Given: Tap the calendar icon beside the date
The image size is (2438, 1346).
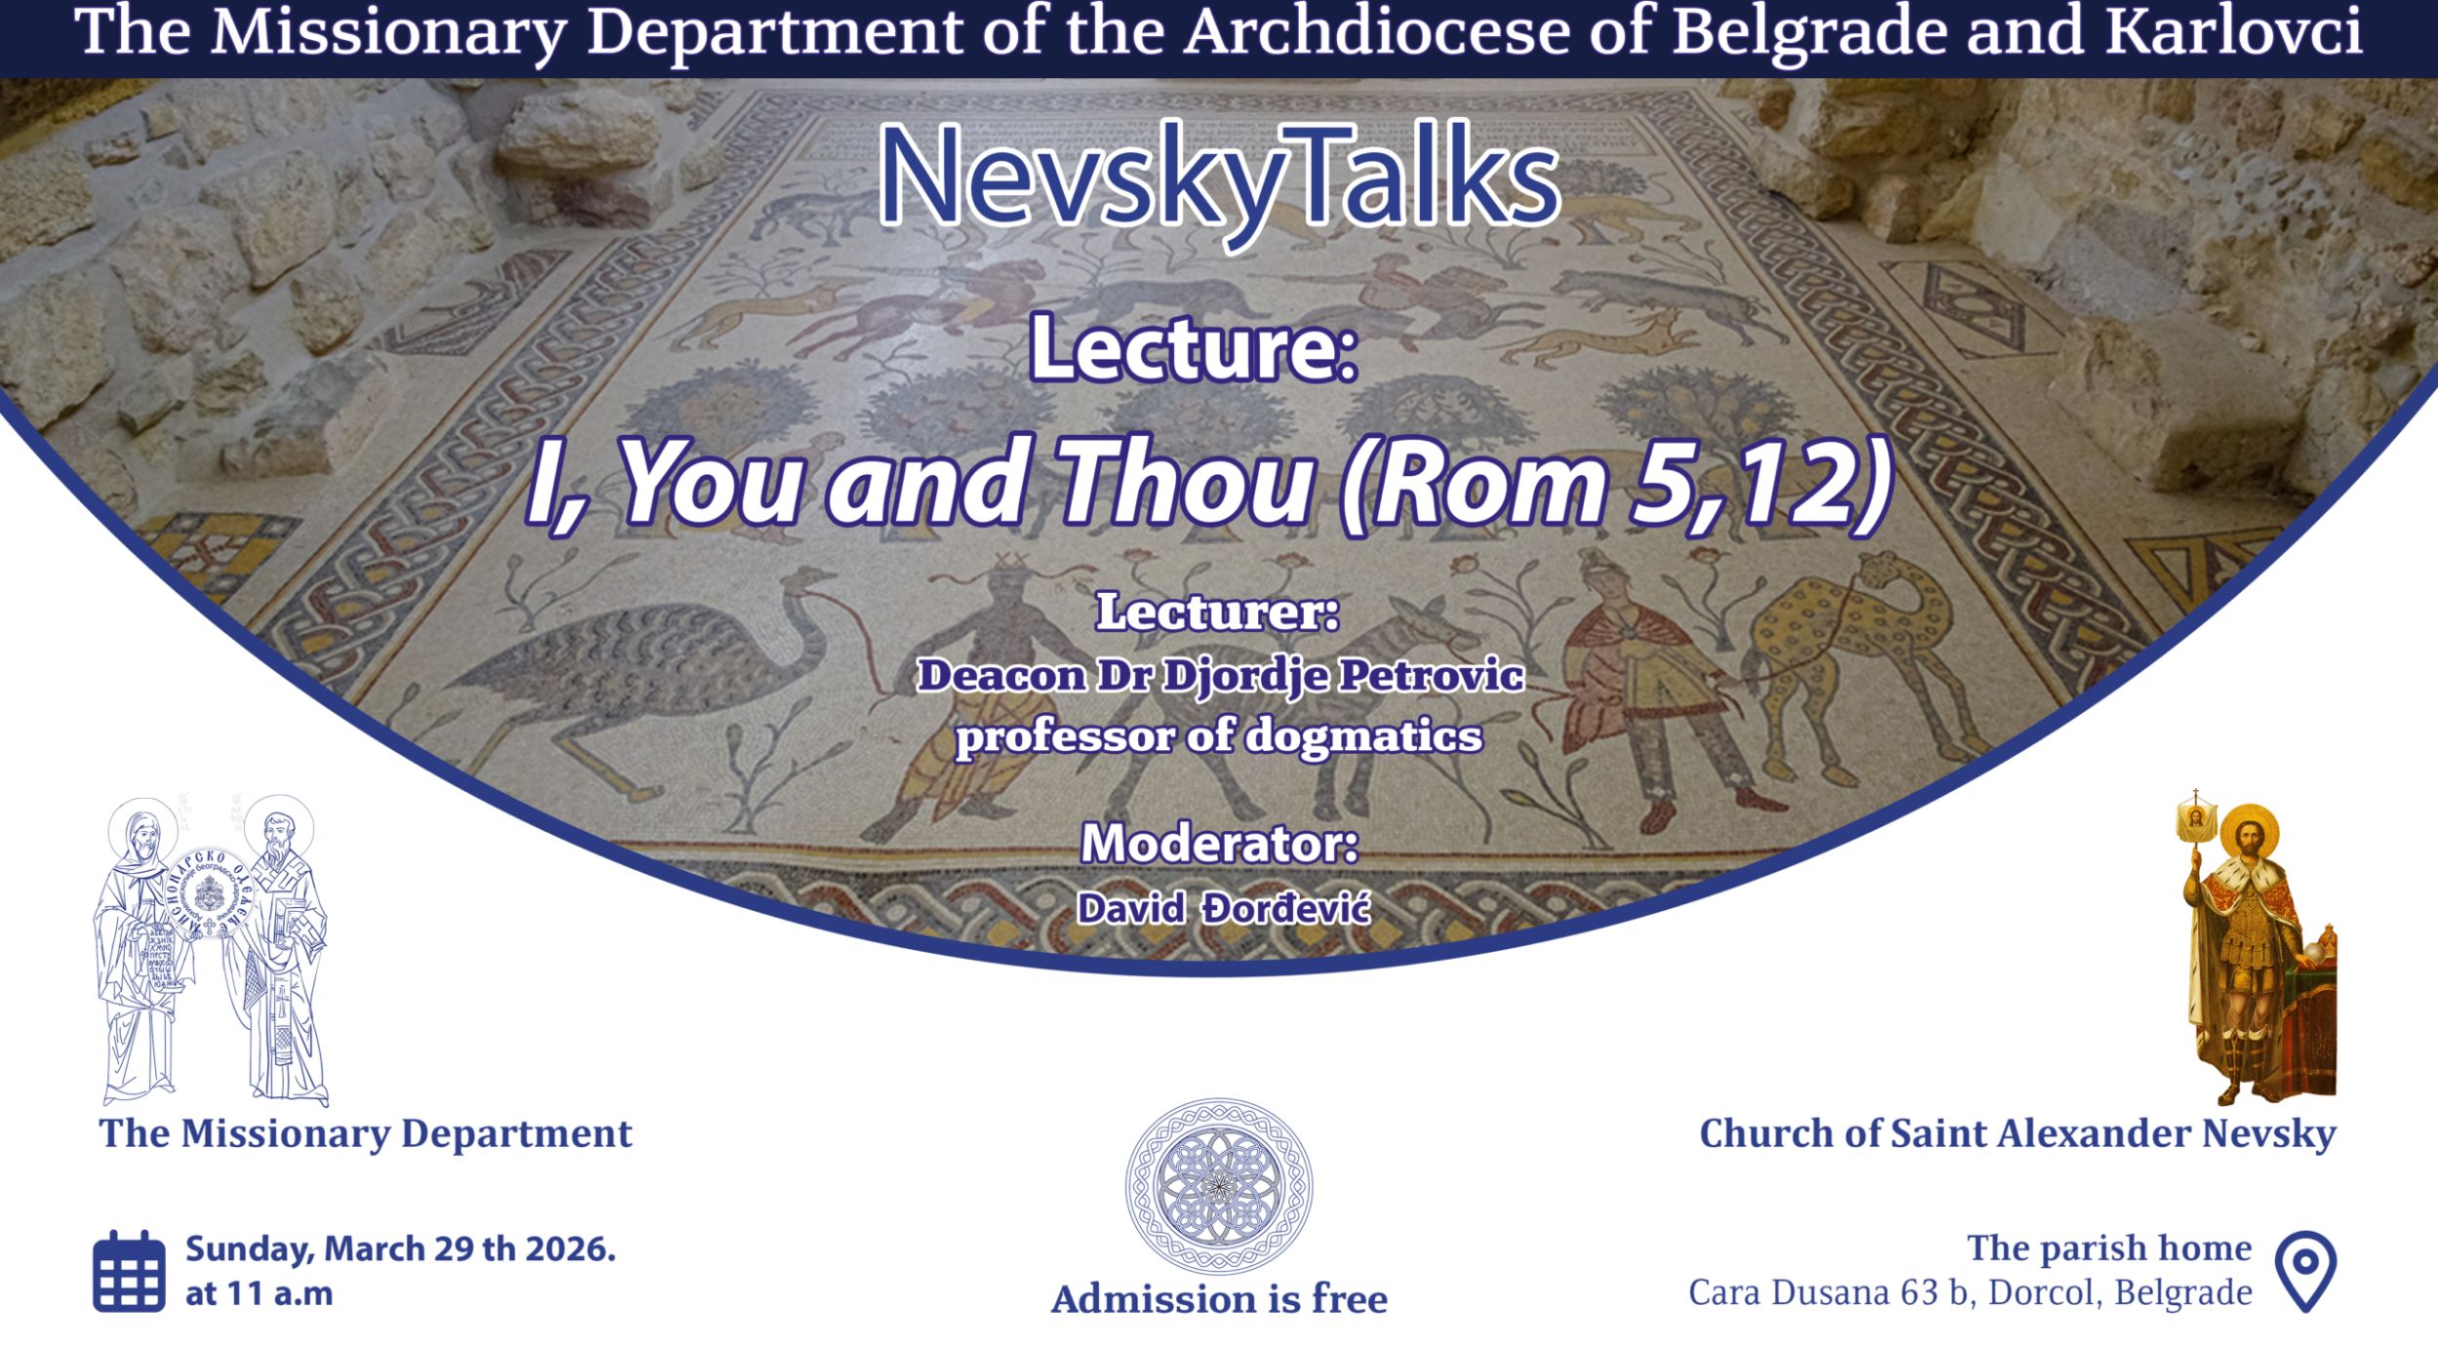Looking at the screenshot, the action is (129, 1271).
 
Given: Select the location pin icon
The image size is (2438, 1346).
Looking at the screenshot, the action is (2305, 1271).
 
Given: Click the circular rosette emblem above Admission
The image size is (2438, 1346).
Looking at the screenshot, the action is (1219, 1186).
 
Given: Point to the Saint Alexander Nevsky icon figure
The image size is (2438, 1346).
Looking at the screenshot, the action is (2259, 946).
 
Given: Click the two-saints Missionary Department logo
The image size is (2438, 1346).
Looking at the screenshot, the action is (211, 950).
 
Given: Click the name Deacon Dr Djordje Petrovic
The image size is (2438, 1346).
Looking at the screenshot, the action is (1220, 676).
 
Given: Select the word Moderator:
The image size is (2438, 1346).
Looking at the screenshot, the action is (1219, 843).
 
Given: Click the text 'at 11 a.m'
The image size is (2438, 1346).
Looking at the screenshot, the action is (259, 1293).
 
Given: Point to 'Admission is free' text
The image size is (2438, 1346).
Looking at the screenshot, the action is (1219, 1299).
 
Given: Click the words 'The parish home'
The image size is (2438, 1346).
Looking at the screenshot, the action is (2109, 1248).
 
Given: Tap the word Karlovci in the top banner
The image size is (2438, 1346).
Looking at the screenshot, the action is (2234, 31).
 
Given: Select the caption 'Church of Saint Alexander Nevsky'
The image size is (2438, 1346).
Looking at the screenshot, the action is (2018, 1134).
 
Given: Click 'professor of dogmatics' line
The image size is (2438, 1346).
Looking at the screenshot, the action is (1219, 736).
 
